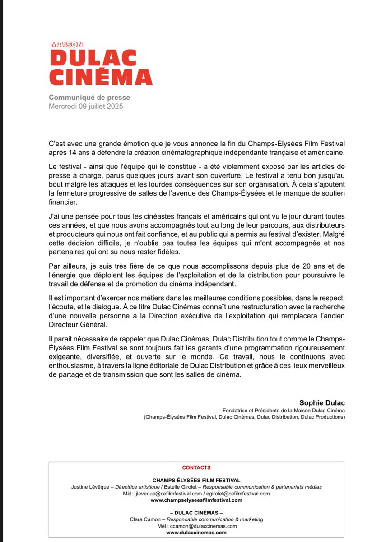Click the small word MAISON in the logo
pos(66,45)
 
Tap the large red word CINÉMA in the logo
pos(101,77)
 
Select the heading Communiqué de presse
pos(89,98)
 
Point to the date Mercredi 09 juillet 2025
pos(86,107)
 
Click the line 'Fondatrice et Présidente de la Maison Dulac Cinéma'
pos(284,410)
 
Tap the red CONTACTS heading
pos(196,468)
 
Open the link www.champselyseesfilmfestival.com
pos(196,500)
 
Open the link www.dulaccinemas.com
pos(196,533)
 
